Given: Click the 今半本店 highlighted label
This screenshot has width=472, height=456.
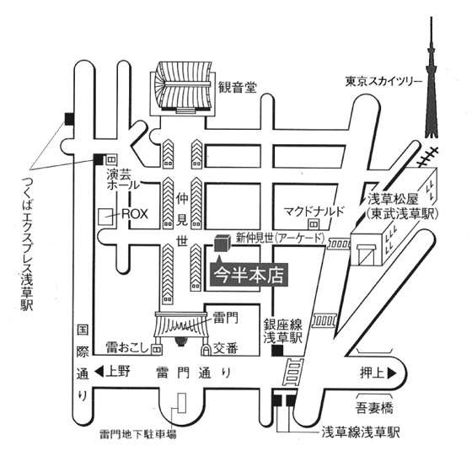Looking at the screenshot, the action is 249,275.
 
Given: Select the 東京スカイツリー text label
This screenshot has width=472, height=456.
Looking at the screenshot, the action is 383,81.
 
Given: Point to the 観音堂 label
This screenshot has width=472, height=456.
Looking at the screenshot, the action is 238,88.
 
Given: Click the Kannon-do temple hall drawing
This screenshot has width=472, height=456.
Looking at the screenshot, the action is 183,89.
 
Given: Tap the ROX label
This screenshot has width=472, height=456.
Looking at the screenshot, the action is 135,214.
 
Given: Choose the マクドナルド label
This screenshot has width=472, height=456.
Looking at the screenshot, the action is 314,212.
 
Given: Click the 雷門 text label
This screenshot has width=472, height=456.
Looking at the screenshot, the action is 226,318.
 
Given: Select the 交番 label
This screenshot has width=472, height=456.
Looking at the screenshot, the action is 226,348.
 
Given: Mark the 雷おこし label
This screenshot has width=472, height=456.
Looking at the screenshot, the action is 127,347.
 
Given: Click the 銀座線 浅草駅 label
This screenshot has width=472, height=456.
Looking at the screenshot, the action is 283,331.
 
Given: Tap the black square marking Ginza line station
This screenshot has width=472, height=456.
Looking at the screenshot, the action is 277,351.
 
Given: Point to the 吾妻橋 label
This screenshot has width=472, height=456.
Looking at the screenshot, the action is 374,409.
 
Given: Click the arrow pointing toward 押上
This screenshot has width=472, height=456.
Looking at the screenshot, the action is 392,373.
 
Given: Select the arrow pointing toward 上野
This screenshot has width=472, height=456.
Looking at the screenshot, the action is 99,372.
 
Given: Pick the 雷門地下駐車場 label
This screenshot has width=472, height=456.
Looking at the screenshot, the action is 138,434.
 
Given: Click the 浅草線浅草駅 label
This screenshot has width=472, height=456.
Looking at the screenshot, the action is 361,433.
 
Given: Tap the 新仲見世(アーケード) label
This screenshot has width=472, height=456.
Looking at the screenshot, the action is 280,238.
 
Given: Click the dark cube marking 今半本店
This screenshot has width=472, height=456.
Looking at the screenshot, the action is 223,244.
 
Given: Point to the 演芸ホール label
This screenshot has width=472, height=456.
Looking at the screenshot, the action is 123,180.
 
